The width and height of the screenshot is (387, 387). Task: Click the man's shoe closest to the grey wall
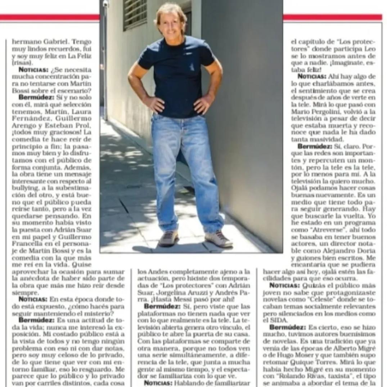pyautogui.click(x=219, y=239)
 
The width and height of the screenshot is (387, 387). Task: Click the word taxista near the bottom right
pyautogui.click(x=333, y=377)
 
